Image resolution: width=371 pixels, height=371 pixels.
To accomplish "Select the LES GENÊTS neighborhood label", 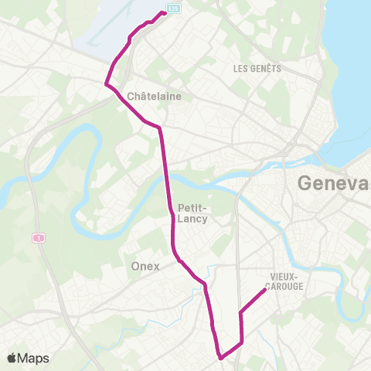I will (257, 69).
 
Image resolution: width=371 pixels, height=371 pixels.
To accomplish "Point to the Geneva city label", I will (333, 184).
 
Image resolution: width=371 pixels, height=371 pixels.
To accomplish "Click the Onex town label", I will (145, 266).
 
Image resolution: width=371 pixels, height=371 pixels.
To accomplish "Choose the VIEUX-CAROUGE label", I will (286, 281).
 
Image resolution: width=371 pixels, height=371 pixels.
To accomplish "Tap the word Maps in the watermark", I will (35, 358).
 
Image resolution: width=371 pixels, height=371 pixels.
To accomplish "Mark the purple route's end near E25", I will (164, 12).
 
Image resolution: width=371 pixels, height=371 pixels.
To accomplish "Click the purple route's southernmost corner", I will (221, 358).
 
